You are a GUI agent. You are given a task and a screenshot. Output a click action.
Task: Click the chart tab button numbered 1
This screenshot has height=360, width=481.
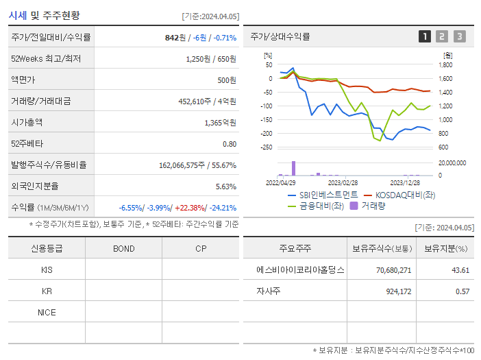tap(425, 36)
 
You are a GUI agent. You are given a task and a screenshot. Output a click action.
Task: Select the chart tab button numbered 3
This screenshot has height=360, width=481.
tap(459, 36)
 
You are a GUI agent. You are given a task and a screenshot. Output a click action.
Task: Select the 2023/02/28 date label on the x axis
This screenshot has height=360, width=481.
tap(343, 183)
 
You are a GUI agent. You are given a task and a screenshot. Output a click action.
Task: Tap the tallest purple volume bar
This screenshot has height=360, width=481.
tap(294, 168)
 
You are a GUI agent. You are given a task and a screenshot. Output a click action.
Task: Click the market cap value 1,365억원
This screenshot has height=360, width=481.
tap(220, 123)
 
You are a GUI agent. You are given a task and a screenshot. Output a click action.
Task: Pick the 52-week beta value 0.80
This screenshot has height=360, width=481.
tap(230, 144)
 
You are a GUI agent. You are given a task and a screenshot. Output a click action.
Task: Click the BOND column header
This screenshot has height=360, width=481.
tap(123, 249)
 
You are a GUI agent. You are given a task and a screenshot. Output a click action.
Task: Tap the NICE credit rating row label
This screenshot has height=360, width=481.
tap(47, 313)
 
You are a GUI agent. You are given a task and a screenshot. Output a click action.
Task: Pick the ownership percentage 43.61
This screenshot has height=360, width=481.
tap(460, 270)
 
